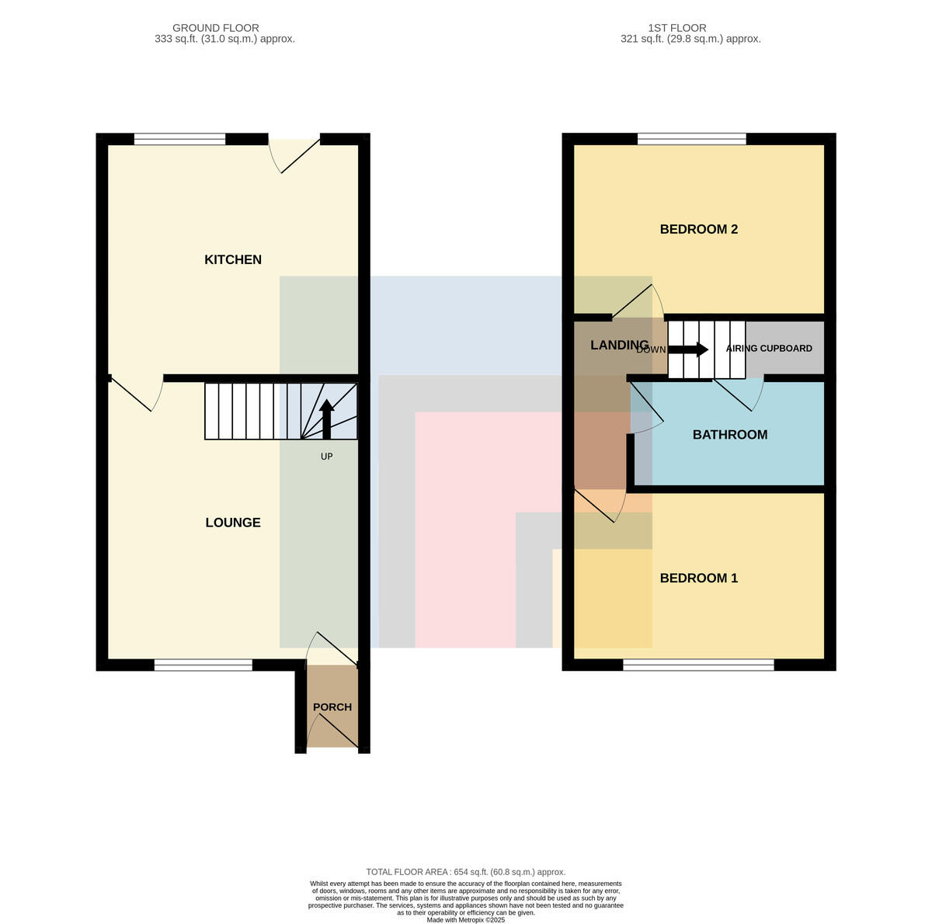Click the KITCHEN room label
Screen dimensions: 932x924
(x=233, y=260)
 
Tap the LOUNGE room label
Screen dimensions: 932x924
(x=233, y=523)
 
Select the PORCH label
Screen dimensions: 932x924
(x=332, y=707)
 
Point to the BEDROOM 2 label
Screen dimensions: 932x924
(x=698, y=229)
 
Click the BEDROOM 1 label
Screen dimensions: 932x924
(x=698, y=578)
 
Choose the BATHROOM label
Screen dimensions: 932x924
(x=729, y=435)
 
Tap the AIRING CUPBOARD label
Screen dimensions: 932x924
(x=769, y=349)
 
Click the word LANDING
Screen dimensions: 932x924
(x=619, y=345)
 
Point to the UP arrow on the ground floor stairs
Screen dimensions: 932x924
(x=326, y=419)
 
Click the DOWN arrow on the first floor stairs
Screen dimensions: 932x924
(x=688, y=349)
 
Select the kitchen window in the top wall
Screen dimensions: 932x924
(x=179, y=139)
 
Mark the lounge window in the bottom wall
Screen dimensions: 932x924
(x=203, y=665)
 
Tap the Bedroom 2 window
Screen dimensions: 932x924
(x=692, y=139)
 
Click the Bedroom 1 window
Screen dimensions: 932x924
(x=698, y=665)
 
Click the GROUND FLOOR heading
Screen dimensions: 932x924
(x=216, y=28)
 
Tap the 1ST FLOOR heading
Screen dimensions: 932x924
(x=677, y=28)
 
